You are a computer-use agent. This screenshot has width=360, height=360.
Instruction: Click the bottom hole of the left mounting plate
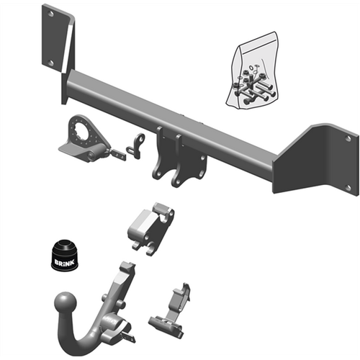pyautogui.click(x=51, y=63)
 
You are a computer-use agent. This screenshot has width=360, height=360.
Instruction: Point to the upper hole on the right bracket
pyautogui.click(x=348, y=137)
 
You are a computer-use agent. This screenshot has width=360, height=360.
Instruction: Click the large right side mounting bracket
pyautogui.click(x=317, y=162)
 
